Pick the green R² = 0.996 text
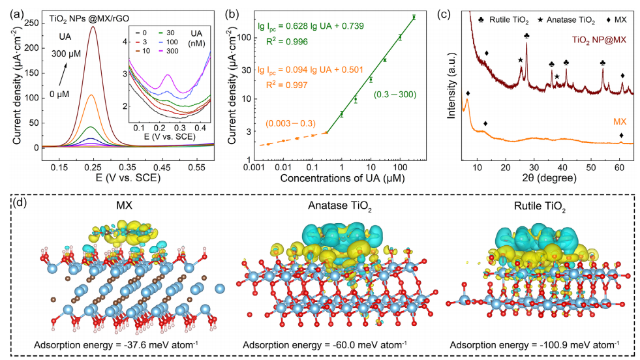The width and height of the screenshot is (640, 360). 277,42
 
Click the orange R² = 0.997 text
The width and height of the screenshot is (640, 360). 277,83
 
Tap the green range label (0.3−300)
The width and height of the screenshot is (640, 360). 393,96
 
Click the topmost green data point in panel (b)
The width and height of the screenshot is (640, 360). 414,18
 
